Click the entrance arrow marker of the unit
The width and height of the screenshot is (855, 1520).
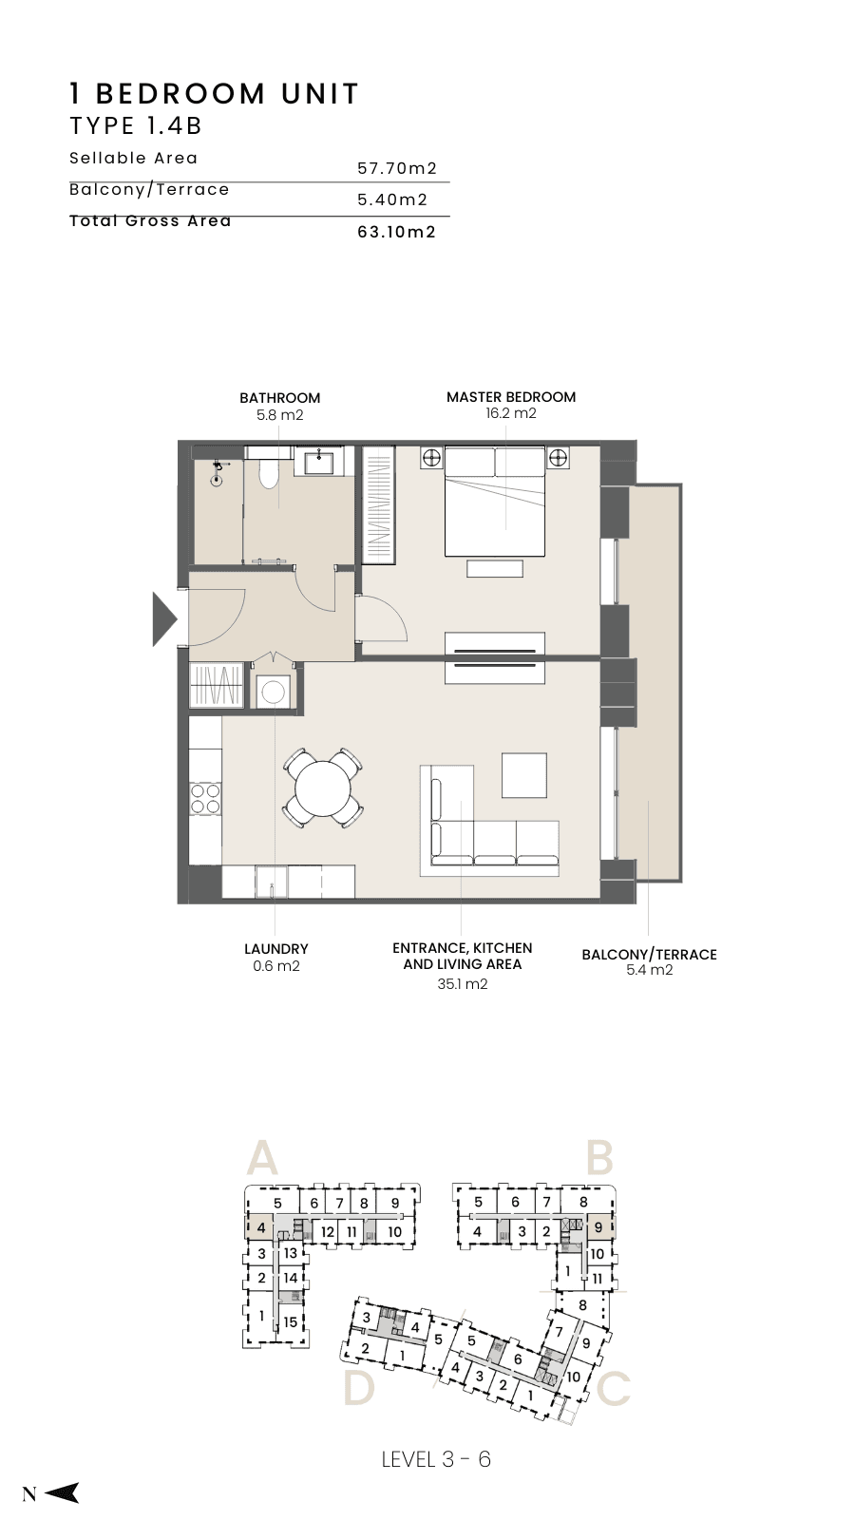162,618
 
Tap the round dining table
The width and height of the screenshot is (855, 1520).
324,788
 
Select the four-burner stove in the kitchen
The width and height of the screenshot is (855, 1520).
205,798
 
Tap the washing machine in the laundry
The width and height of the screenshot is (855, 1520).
274,693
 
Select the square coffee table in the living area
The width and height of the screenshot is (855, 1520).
524,775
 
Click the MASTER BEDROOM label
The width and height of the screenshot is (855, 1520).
511,397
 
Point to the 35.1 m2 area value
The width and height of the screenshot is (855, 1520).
462,984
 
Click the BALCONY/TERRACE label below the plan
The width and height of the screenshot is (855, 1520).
649,954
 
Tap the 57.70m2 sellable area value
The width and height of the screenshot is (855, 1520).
397,168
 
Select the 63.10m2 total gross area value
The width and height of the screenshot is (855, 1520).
397,232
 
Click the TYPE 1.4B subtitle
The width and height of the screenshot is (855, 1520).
137,126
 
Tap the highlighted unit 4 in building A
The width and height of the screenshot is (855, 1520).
260,1227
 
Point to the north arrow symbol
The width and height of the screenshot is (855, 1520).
62,1492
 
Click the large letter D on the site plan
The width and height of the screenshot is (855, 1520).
359,1387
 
